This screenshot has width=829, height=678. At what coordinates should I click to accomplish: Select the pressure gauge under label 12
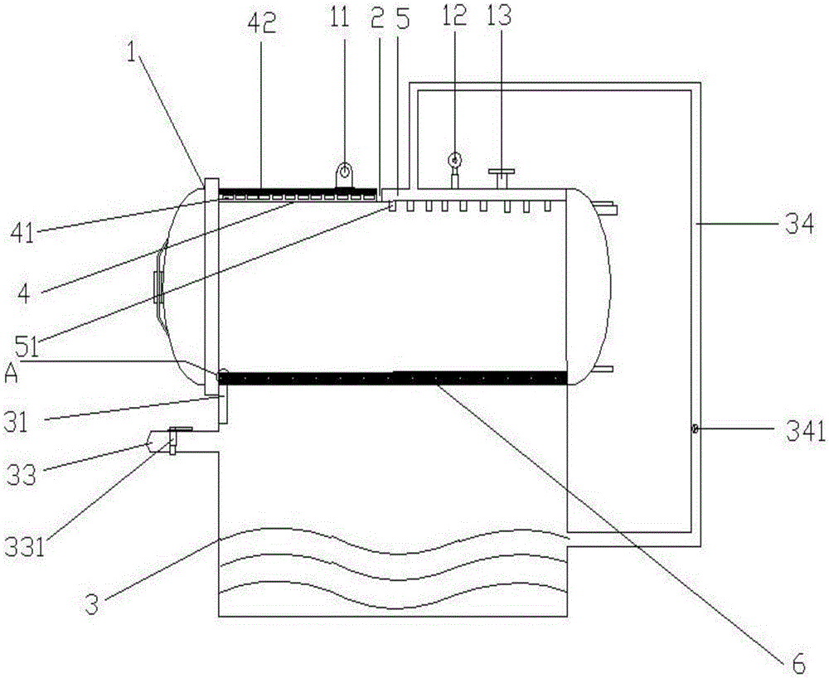coord(454,159)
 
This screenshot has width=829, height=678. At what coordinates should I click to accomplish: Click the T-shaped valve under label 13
coord(501,176)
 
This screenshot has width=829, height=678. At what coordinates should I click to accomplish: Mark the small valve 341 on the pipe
coord(694,429)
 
